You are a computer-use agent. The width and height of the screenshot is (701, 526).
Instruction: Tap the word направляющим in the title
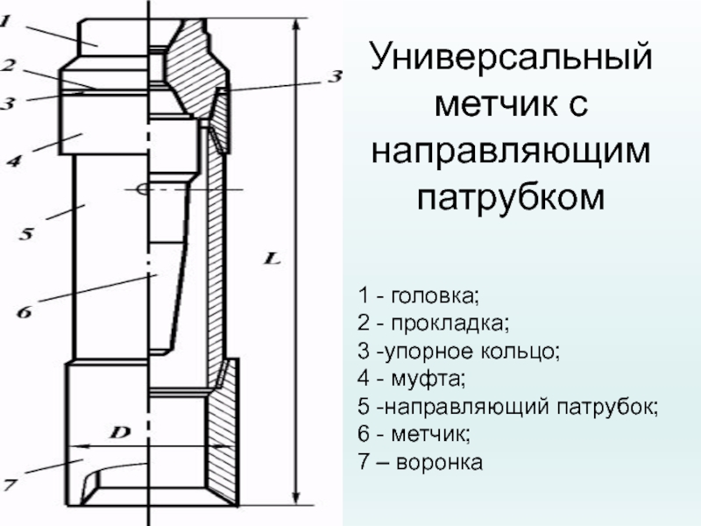pos(512,152)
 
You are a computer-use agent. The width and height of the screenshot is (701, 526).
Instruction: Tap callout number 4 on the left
pos(13,160)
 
